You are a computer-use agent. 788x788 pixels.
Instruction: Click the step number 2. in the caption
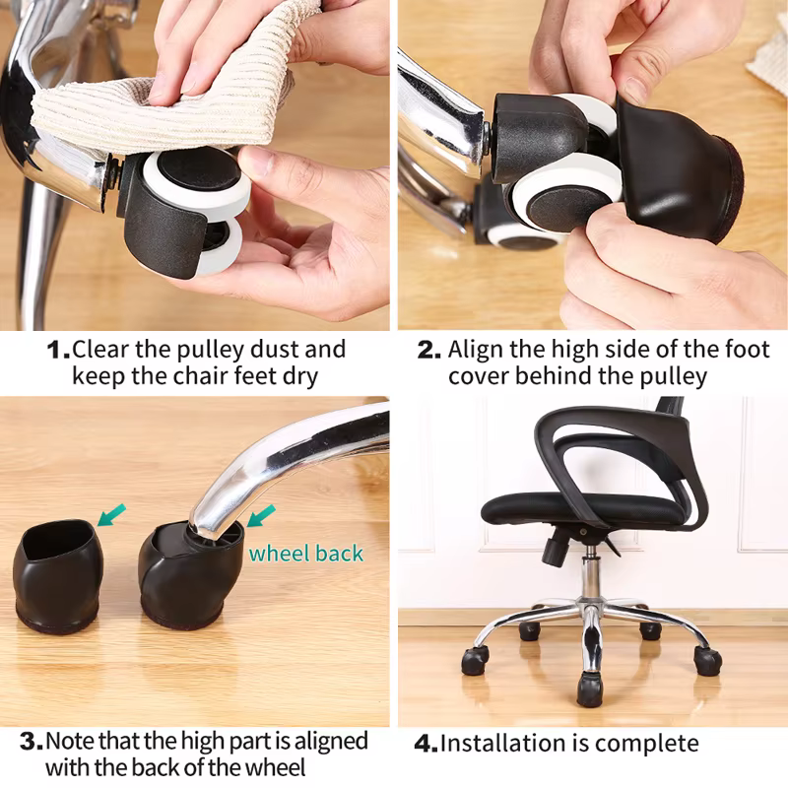(428, 350)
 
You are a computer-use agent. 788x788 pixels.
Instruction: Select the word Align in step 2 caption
(476, 350)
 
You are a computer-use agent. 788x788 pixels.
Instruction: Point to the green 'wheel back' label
(305, 554)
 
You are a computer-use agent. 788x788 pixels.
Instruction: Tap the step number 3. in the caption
(32, 742)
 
